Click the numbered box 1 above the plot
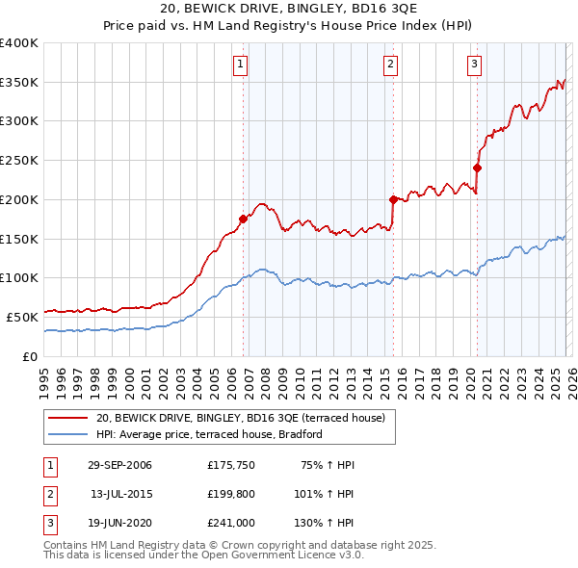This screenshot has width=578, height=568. point(240,65)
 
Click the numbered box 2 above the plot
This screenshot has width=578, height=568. point(391,65)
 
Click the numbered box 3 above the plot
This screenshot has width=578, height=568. point(475,65)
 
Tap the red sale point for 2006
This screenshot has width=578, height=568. point(243,219)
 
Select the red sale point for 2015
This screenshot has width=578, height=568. point(393,199)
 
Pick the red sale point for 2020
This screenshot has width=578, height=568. point(477,168)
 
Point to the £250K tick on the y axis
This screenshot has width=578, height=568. point(19,160)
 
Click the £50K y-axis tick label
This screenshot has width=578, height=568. point(22,317)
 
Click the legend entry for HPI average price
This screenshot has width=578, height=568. point(208,434)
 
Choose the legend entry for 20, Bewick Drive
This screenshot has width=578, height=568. point(240,418)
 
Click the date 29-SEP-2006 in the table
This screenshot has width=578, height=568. point(119,465)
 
